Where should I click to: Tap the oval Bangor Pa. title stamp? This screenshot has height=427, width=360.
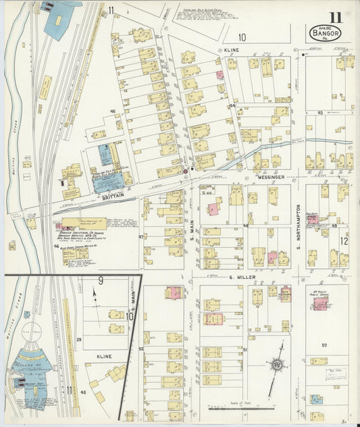point(326,32)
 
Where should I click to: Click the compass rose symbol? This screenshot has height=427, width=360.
point(277,366)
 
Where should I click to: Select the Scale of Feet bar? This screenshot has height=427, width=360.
point(242,407)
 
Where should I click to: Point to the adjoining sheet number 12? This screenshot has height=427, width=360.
point(344,241)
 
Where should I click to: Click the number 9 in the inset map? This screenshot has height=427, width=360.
point(100,281)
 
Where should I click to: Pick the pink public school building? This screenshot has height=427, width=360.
point(286,294)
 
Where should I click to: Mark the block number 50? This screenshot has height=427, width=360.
point(324,345)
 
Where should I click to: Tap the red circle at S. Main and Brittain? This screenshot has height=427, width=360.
point(185,172)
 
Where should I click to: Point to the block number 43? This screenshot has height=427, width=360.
point(319,113)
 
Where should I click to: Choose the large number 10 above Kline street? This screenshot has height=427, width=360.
point(242,38)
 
